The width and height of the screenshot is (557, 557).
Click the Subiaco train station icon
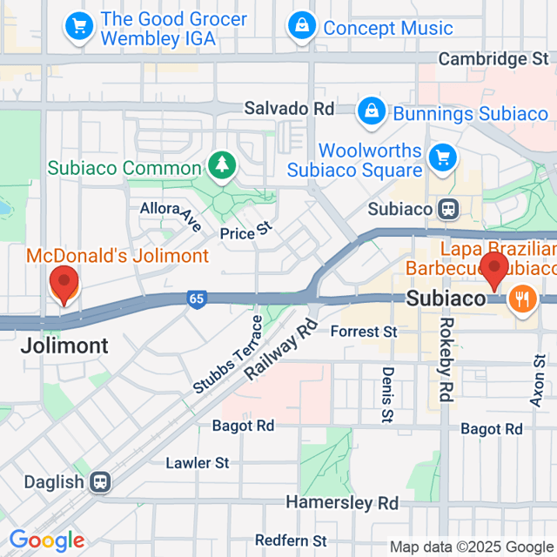click(449, 209)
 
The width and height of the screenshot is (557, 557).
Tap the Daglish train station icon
click(101, 482)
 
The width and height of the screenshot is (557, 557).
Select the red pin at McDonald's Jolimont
click(64, 285)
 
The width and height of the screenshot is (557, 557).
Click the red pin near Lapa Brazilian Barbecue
click(494, 271)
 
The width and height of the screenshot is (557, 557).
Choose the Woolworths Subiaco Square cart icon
click(444, 158)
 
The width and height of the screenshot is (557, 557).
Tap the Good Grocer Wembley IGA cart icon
click(80, 27)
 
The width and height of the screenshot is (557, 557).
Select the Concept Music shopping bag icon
click(302, 27)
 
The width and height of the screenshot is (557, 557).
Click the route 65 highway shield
click(197, 299)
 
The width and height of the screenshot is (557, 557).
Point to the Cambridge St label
click(493, 59)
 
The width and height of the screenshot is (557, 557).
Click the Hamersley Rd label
click(342, 503)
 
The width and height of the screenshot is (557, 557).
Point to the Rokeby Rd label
click(446, 359)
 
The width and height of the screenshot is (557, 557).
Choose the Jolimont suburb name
click(65, 346)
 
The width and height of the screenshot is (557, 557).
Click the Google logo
click(46, 540)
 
